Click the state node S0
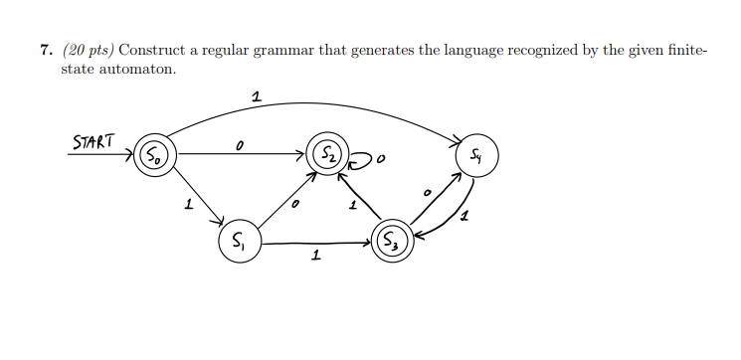coord(155,154)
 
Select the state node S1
coord(239,242)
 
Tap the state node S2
coord(327,154)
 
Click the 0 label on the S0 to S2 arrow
coord(239,145)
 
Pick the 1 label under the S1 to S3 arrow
coord(315,257)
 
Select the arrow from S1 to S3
coord(313,242)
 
